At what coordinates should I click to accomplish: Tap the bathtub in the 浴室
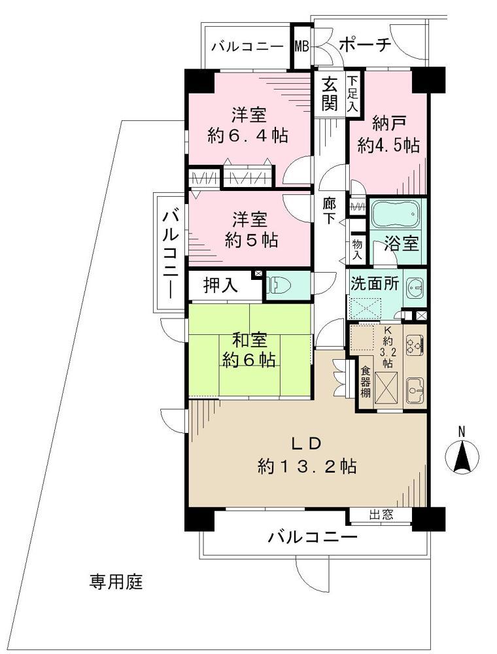click(397, 215)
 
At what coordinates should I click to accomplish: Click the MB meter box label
click(301, 46)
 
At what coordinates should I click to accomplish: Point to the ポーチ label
click(365, 45)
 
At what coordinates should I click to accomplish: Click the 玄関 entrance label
click(330, 94)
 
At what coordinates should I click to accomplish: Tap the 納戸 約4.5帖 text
click(388, 134)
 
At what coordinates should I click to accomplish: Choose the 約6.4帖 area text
click(248, 136)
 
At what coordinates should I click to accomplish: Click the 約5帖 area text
click(248, 239)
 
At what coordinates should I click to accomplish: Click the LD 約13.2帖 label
click(306, 456)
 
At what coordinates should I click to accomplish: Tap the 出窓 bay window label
click(381, 515)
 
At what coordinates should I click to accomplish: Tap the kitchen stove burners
click(413, 345)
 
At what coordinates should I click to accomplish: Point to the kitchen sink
click(413, 392)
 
